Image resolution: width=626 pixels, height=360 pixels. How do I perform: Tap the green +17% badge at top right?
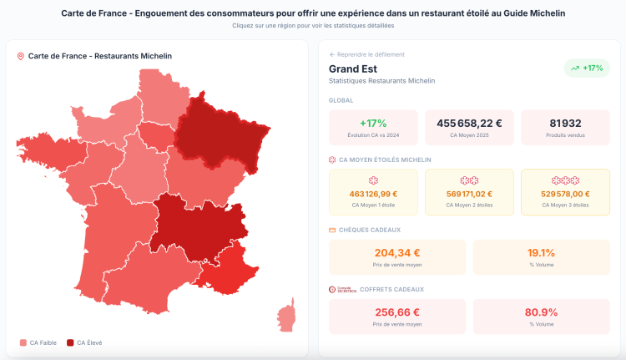click(587, 68)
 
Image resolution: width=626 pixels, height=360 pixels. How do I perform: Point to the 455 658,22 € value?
click(469, 123)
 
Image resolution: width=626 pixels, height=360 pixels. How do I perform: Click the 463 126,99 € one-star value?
click(373, 194)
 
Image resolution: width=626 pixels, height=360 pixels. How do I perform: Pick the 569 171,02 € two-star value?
click(469, 194)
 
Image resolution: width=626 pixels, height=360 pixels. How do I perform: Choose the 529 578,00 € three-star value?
click(565, 194)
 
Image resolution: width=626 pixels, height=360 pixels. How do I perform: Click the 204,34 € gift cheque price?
click(397, 253)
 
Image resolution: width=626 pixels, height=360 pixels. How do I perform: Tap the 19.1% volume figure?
click(541, 253)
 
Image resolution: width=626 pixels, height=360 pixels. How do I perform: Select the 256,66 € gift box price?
click(397, 312)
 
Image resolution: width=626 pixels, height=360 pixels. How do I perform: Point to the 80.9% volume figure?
click(541, 312)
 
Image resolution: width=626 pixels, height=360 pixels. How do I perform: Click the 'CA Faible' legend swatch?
click(23, 342)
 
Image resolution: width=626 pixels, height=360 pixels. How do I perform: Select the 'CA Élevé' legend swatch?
click(70, 342)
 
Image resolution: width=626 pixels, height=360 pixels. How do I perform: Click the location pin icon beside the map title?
click(20, 56)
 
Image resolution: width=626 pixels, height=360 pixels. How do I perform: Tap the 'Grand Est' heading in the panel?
click(355, 68)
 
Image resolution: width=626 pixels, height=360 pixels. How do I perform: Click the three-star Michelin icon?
click(565, 180)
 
